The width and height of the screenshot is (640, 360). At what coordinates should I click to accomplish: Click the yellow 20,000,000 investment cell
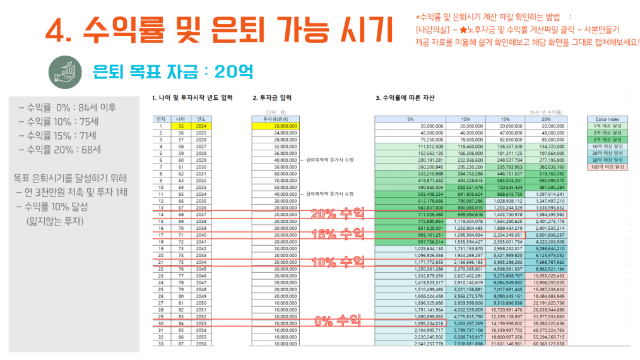pyautogui.click(x=275, y=126)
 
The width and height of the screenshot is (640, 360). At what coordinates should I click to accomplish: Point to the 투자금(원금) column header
pyautogui.click(x=275, y=118)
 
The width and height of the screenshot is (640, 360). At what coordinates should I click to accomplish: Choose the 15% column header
pyautogui.click(x=505, y=118)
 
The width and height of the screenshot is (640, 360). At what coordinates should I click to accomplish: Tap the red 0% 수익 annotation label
pyautogui.click(x=337, y=321)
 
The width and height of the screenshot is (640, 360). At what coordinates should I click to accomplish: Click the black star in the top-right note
pyautogui.click(x=463, y=30)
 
